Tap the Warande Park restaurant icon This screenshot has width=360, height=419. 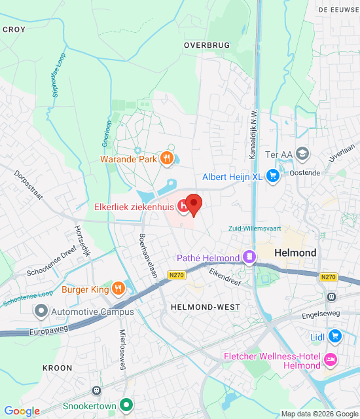click(167, 158)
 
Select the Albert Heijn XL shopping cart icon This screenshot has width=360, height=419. click(273, 177)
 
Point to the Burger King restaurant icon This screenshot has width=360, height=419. click(118, 288)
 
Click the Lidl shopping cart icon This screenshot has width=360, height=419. click(335, 337)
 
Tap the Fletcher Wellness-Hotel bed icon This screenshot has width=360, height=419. click(331, 360)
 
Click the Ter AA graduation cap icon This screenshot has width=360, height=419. click(302, 154)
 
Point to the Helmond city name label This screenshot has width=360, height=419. click(295, 253)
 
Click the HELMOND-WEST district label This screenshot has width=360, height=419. click(196, 307)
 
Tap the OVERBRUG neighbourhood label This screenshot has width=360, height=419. click(207, 45)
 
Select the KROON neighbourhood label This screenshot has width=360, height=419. click(58, 368)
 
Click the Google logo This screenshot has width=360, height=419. click(22, 411)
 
